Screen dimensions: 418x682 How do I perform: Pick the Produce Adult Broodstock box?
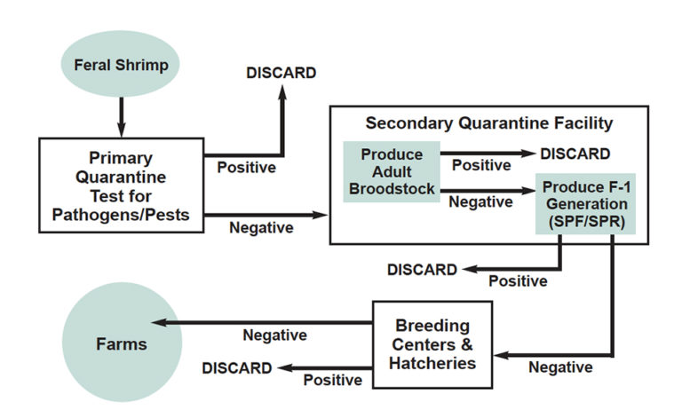point(392,171)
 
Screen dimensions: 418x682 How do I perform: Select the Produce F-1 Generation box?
point(584,203)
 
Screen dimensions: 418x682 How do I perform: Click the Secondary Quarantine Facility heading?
point(488,123)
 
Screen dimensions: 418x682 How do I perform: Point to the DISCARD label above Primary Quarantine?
point(280,73)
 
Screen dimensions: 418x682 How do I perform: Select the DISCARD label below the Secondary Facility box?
point(422,269)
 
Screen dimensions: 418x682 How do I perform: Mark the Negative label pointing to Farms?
point(274,335)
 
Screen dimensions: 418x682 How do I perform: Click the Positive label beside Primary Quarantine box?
point(246,166)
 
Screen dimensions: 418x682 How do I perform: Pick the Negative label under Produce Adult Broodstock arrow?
point(481,202)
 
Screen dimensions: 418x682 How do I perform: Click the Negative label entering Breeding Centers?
point(560,367)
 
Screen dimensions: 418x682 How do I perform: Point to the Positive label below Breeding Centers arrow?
point(333,380)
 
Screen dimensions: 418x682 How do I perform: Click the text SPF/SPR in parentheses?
point(584,220)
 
